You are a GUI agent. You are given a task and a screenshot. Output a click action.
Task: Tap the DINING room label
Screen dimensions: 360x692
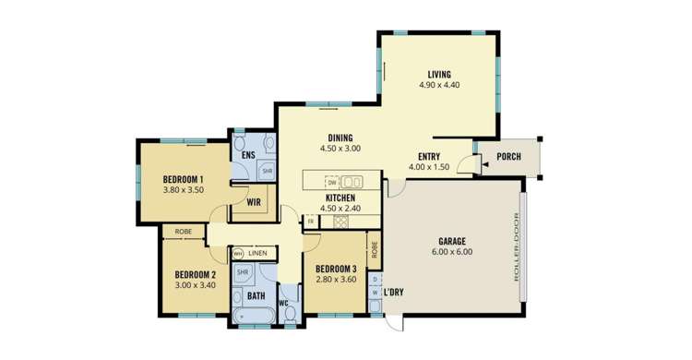pos(340,138)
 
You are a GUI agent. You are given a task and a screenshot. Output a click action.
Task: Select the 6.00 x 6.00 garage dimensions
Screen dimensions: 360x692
pos(450,252)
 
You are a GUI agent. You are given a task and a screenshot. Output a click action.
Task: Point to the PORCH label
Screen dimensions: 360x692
pos(508,156)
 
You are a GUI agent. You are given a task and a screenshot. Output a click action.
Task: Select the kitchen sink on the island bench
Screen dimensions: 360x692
pos(353,181)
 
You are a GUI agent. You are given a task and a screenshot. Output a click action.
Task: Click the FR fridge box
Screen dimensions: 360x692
pos(311,222)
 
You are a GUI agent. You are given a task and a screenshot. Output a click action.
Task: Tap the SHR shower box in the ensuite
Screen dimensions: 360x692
pos(266,171)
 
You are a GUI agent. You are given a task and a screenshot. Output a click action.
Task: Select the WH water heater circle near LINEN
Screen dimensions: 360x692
pos(237,253)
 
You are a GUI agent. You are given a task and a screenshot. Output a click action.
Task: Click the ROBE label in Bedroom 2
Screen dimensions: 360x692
pos(183,233)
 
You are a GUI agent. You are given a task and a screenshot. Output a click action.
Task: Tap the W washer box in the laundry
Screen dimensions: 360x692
pos(375,293)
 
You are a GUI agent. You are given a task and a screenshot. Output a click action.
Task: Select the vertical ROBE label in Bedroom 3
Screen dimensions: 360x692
pos(374,247)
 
